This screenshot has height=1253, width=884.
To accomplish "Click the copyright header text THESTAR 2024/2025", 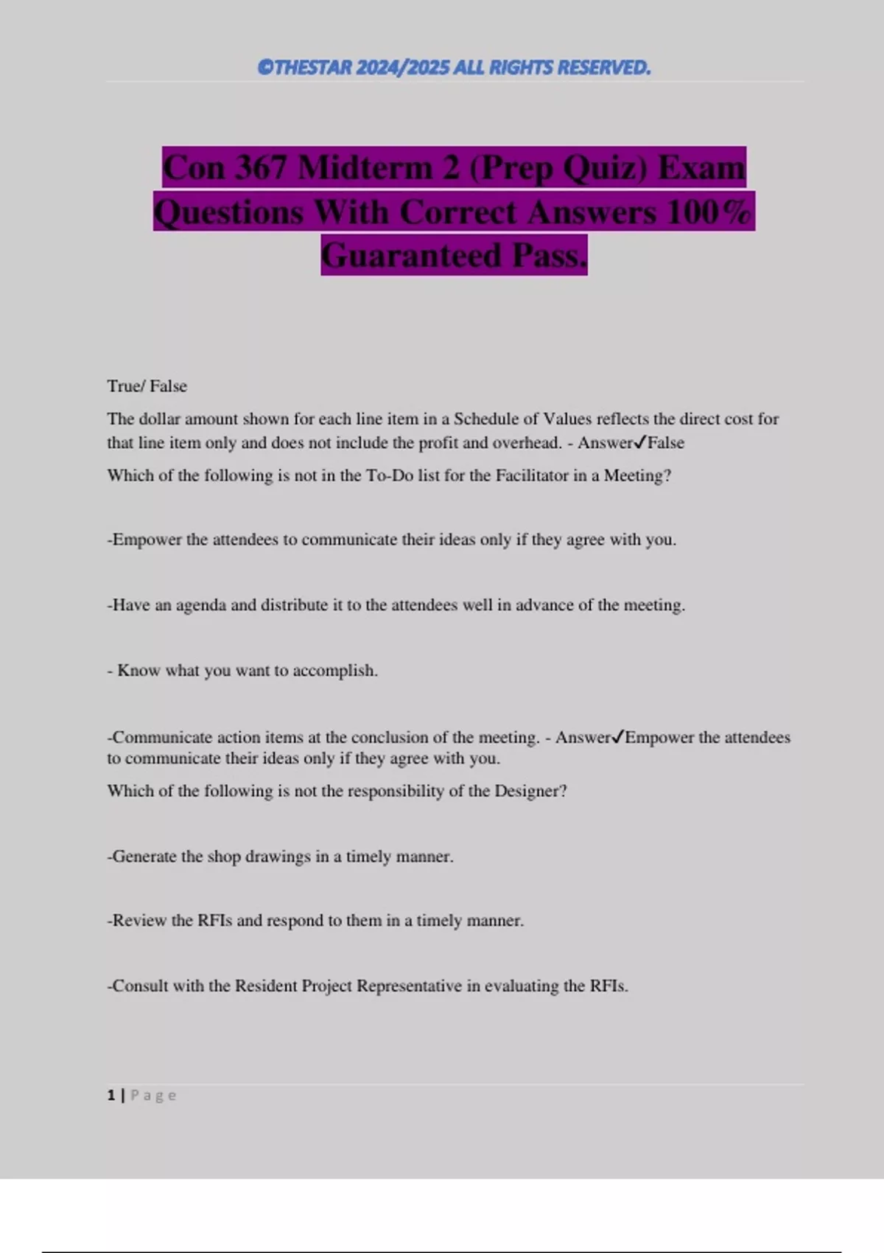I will [454, 68].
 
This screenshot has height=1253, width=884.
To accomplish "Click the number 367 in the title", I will [261, 167].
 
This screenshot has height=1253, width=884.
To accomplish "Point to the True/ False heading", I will [147, 386].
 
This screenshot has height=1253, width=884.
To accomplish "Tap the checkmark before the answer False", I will [640, 442].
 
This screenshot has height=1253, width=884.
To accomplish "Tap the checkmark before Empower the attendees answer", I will [618, 737].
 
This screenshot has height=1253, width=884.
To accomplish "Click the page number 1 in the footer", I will [111, 1095].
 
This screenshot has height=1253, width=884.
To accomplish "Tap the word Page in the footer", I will [153, 1095].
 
